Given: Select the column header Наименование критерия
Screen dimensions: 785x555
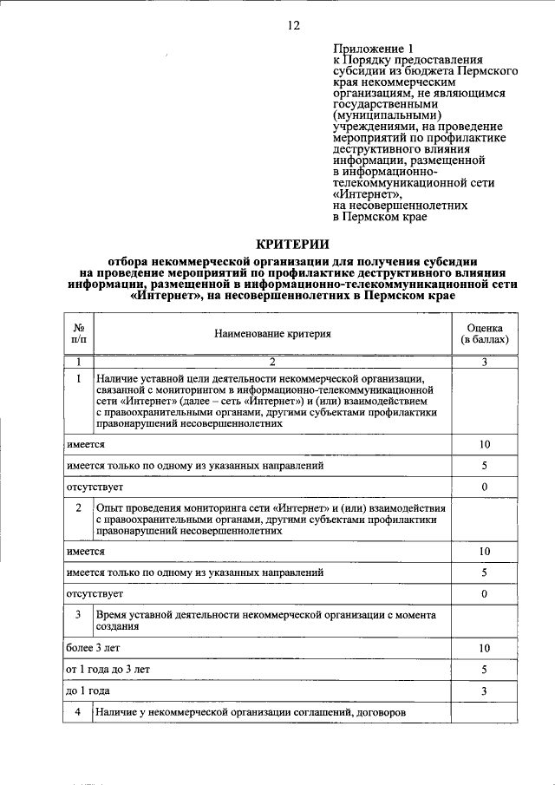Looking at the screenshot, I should point(273,332).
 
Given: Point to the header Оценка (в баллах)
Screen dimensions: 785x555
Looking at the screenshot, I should point(485,332).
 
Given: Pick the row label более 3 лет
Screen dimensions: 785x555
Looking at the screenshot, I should point(92,648).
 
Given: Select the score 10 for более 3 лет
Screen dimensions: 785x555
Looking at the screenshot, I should point(485,648).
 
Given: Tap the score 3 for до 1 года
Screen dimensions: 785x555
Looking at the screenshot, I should point(485,691).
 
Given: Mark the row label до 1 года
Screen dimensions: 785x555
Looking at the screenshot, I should point(87,691).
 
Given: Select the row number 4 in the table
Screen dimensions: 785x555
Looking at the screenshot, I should point(78,713).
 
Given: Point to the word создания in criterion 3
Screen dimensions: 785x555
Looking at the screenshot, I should point(118,625).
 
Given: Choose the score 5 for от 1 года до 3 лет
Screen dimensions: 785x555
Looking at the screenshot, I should point(485,670).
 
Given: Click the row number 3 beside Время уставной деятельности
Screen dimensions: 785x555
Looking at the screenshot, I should point(78,615).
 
